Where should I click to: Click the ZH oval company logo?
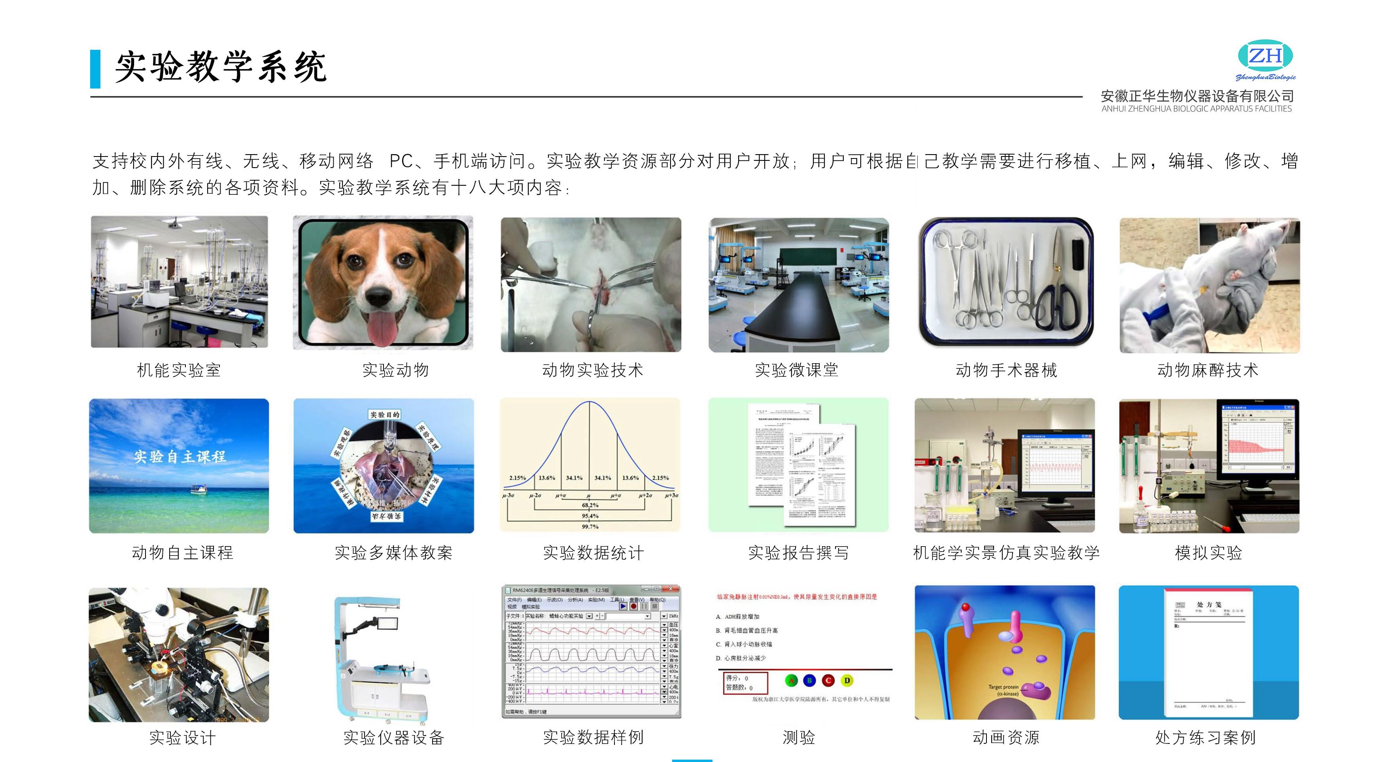tap(1265, 55)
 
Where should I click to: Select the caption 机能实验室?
tap(179, 370)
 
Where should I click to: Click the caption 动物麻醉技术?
tap(1208, 370)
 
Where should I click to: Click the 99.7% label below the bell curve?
tap(590, 526)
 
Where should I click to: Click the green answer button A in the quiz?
tap(791, 681)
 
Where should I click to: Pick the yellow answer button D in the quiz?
tap(847, 681)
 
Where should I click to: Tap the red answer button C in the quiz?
tap(828, 681)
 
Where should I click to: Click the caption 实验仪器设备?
tap(393, 737)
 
